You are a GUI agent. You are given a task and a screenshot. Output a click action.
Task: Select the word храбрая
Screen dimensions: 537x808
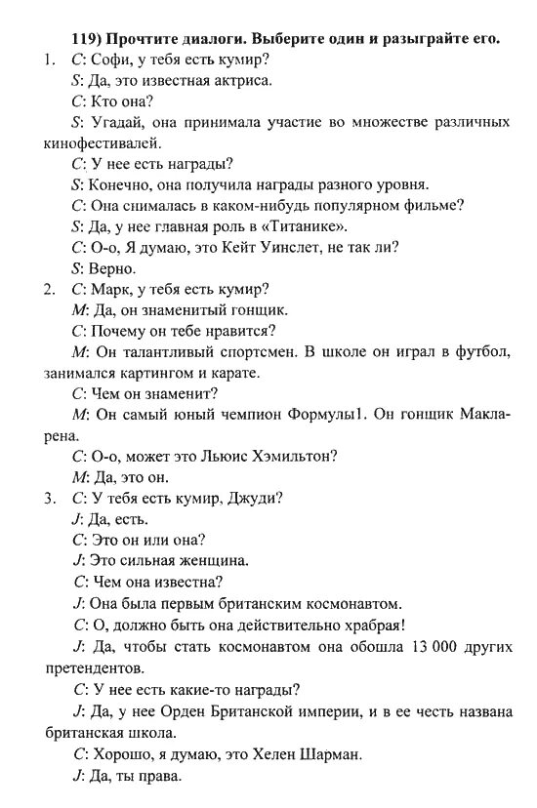(369, 625)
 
